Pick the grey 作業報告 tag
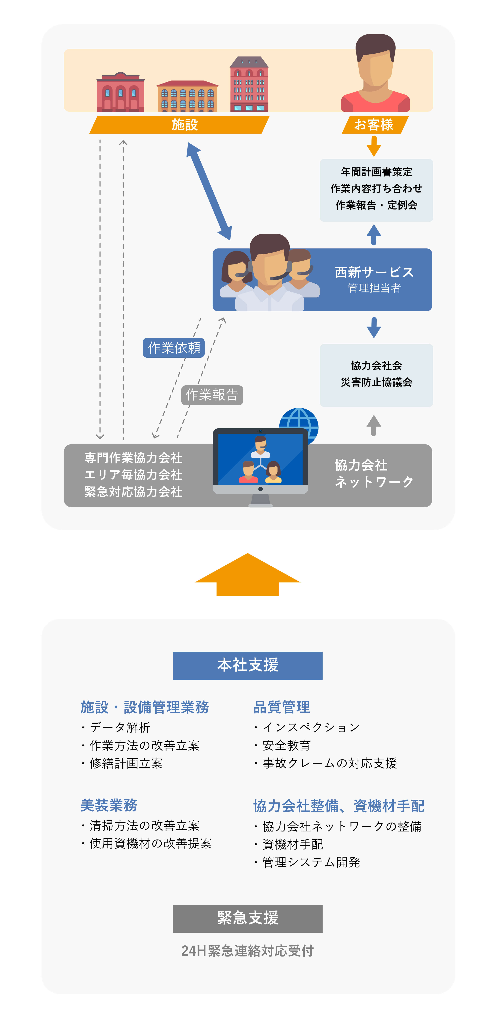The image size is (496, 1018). (x=212, y=395)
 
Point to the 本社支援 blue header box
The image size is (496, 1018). (x=247, y=665)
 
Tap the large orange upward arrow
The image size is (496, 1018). (x=247, y=575)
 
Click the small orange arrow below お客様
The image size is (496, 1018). (x=374, y=146)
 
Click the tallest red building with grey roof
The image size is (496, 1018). (x=249, y=85)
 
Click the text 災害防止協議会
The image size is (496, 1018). (x=376, y=382)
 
